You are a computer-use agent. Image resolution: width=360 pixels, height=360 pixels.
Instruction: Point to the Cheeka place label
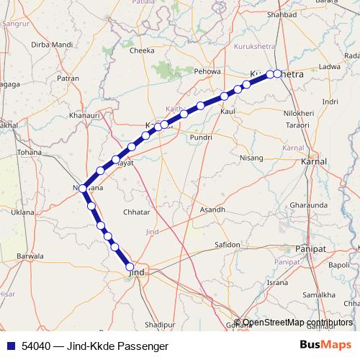coord(141,51)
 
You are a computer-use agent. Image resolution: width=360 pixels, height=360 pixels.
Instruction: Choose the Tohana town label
coord(30,153)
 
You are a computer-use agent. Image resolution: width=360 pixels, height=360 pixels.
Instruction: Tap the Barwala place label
coord(30,256)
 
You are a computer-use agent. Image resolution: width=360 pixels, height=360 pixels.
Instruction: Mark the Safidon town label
coord(227,245)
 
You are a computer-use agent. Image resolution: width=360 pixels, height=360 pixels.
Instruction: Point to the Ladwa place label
coord(329,66)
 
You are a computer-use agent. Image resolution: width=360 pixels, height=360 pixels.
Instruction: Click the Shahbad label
coord(282,14)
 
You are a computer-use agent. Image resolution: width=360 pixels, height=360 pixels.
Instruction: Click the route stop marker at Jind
coord(130,269)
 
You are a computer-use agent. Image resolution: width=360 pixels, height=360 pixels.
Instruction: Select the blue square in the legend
coord(9,346)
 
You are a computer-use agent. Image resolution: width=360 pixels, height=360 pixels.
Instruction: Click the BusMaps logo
coord(326,345)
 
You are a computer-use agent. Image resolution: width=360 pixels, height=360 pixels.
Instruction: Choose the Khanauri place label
coord(84,115)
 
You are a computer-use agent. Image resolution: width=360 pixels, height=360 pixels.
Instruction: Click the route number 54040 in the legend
coord(36,346)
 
